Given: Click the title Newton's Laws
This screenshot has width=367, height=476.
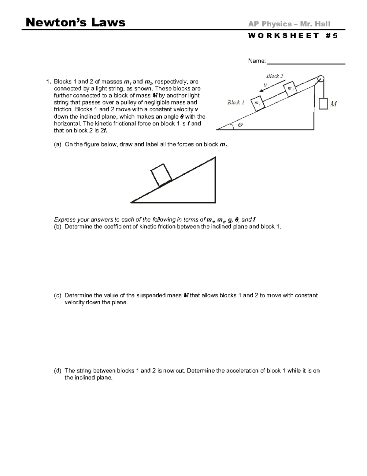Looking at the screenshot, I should (x=76, y=22).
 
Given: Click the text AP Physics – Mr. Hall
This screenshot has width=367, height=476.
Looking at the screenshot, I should (x=289, y=24).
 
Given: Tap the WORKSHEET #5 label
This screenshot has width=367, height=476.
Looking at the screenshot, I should (x=293, y=36).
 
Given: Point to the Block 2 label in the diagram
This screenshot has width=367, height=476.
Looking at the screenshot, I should (x=274, y=76).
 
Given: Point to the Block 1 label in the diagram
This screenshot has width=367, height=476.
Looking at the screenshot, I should (x=235, y=102).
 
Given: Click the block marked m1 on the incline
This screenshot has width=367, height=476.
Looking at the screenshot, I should (x=258, y=104).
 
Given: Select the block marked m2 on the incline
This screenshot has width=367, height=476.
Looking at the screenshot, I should (x=290, y=88).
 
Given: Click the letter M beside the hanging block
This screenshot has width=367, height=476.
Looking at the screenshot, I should (x=334, y=104).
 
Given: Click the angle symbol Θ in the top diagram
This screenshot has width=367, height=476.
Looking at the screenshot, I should (x=240, y=125).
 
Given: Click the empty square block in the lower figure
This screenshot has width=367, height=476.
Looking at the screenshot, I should (x=161, y=175).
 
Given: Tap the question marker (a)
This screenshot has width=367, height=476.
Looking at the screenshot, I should (x=57, y=144).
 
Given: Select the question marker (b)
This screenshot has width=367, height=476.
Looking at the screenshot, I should (x=57, y=227).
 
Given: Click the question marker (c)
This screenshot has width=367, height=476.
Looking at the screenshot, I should (x=57, y=295).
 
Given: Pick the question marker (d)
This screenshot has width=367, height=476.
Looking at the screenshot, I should (x=57, y=371).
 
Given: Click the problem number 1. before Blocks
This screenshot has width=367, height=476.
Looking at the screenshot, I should (x=48, y=82).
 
